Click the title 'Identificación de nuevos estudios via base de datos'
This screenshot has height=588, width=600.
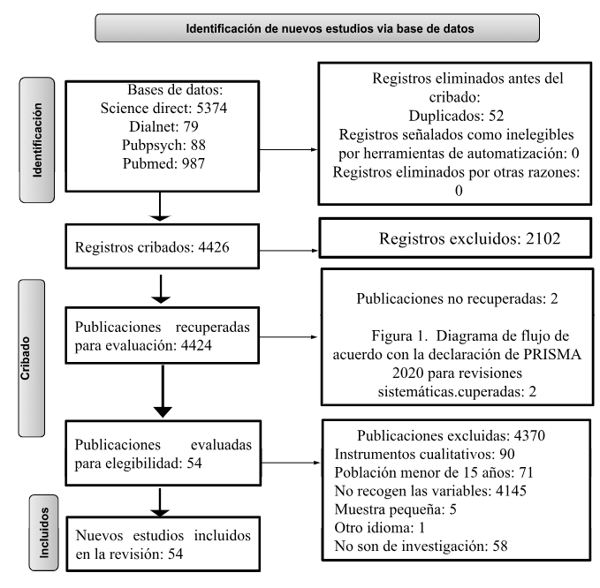330,28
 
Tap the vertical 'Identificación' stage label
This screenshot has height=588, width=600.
37,139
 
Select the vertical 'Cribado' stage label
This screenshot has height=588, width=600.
25,358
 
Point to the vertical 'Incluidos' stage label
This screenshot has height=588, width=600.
44,532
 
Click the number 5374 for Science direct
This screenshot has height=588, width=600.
211,109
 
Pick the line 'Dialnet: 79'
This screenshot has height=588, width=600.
163,126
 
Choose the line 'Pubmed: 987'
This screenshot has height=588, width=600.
163,163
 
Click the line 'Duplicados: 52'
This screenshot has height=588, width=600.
456,116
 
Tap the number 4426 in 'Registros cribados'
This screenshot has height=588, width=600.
214,247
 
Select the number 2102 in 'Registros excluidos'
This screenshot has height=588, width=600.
543,238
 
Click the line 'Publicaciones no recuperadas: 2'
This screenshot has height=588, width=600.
457,298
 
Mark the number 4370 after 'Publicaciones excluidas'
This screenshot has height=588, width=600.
529,435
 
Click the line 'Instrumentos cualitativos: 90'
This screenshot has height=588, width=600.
424,454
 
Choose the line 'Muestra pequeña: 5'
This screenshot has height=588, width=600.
395,509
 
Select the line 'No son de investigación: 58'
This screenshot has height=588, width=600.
421,547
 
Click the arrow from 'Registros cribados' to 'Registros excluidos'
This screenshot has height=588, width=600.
289,251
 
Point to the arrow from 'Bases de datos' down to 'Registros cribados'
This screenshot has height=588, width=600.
160,207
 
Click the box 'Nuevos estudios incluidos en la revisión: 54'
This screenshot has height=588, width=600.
163,545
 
